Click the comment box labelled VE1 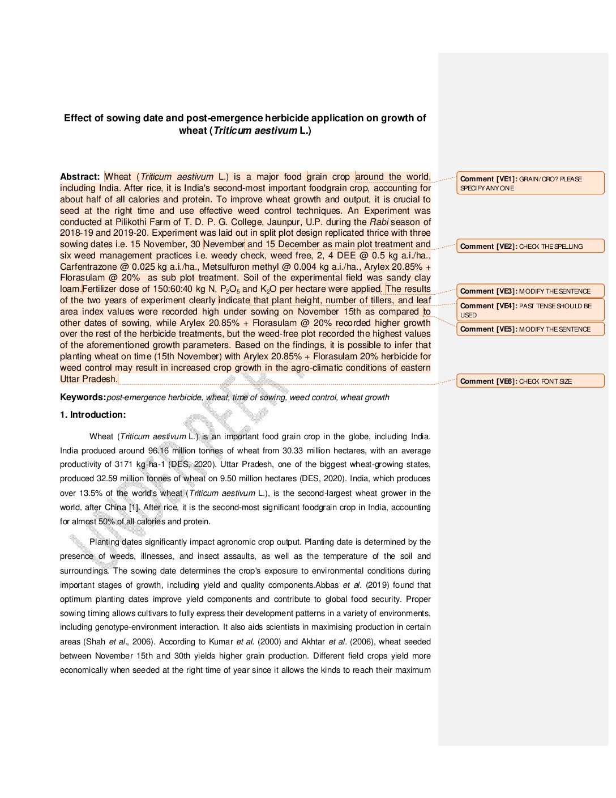530,183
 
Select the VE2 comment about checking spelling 530,247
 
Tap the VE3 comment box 530,291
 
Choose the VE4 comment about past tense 530,310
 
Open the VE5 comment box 530,329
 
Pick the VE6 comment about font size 530,381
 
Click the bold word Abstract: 80,177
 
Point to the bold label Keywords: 83,397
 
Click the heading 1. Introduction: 93,415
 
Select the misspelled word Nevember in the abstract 224,244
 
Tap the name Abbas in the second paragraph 327,585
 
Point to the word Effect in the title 78,118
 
